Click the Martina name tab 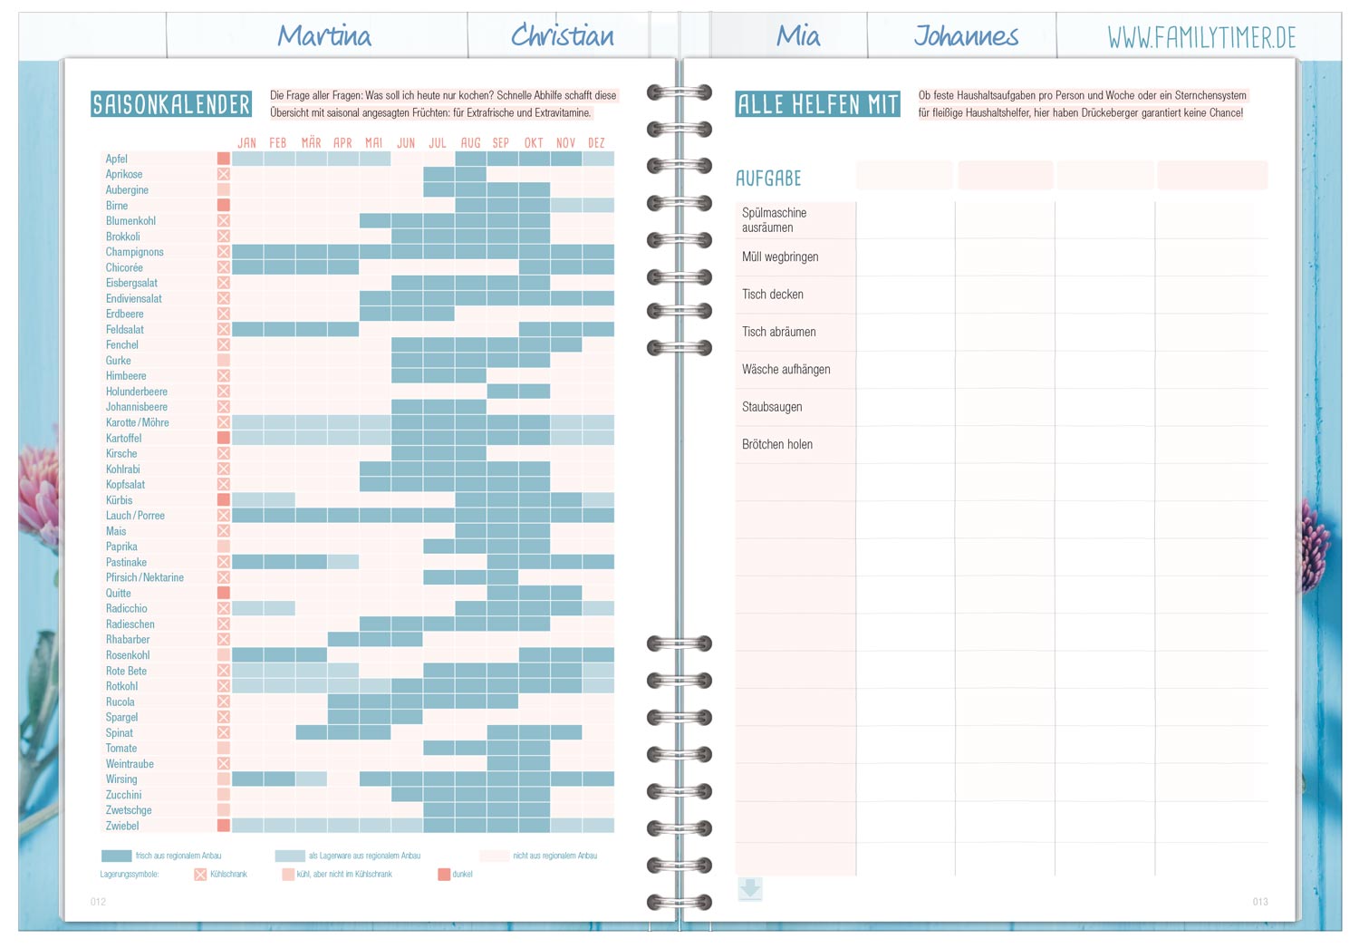coord(323,36)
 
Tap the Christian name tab coord(562,36)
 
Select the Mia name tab coord(797,36)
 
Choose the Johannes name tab coord(966,36)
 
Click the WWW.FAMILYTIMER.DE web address coord(1201,38)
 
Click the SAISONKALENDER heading coord(171,105)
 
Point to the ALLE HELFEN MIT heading coord(817,105)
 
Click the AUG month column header coord(470,143)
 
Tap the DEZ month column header coord(596,143)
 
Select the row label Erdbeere coord(125,314)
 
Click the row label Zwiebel coord(122,827)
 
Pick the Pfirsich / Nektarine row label coord(145,578)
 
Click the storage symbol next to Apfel coord(223,160)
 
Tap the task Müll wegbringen coord(780,257)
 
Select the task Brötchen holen coord(777,445)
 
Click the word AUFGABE coord(768,179)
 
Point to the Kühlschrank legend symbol coord(200,875)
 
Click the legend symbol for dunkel coord(444,875)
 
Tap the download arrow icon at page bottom coord(750,889)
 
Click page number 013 coord(1260,902)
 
